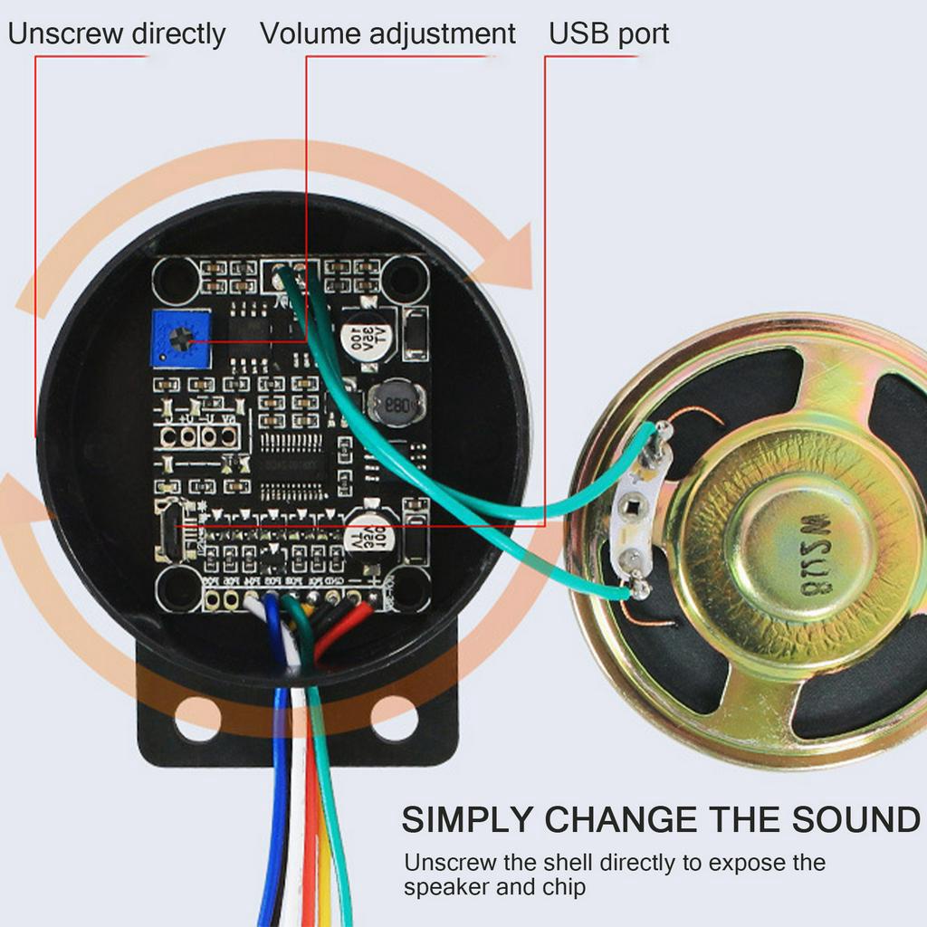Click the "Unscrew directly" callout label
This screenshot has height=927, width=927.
[116, 34]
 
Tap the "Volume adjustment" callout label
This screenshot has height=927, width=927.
[387, 34]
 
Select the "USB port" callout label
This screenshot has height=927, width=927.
[609, 34]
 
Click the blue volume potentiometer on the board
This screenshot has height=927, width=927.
[181, 339]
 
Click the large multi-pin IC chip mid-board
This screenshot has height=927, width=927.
[291, 466]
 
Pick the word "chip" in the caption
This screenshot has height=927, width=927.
[563, 887]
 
